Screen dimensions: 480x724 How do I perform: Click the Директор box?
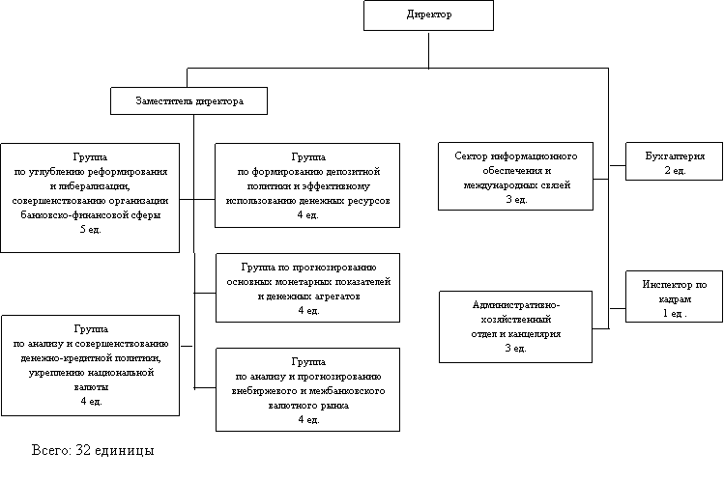coord(427,15)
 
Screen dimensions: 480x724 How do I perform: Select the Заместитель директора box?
coord(188,100)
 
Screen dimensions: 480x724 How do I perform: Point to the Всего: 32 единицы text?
coord(93,450)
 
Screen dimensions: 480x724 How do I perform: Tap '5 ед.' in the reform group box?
coord(89,229)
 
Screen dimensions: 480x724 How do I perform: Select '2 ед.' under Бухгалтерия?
coord(675,170)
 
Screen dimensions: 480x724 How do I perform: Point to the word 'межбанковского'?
coord(355,392)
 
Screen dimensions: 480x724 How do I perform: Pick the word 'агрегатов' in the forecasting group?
coord(333,296)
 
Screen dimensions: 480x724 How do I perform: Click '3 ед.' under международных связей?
coord(515,199)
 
